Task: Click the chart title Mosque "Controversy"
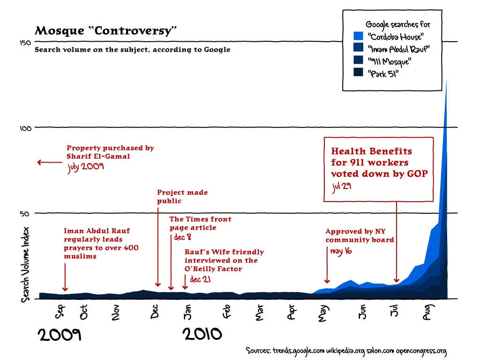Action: point(106,31)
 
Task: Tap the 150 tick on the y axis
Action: point(26,43)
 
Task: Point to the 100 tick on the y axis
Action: point(26,128)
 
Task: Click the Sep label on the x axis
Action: point(60,311)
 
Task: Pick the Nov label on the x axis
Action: point(116,313)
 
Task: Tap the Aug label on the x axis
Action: point(427,313)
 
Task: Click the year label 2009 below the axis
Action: point(60,335)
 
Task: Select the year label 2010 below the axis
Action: point(202,334)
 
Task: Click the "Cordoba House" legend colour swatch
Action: point(358,36)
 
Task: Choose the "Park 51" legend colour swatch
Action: point(358,72)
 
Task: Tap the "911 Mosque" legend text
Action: point(389,61)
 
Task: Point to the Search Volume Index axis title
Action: point(26,264)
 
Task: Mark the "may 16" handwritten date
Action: point(341,251)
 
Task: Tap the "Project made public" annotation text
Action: point(182,197)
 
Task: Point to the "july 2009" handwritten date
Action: point(85,167)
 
